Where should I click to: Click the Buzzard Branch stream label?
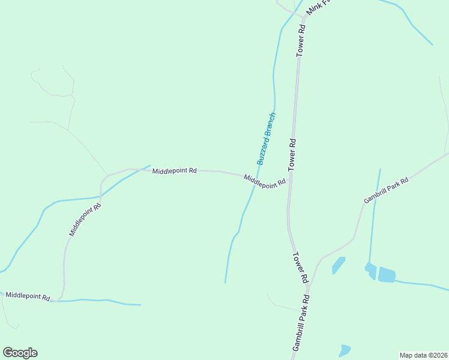click(266, 139)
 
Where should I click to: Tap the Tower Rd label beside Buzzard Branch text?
click(293, 153)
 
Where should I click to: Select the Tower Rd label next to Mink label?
click(301, 41)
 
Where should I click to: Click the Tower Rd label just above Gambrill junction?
click(300, 268)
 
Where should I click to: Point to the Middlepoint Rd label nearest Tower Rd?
click(265, 181)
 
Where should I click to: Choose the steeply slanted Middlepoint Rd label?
click(85, 220)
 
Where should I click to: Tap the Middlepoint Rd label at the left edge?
click(28, 296)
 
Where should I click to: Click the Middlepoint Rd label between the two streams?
click(174, 171)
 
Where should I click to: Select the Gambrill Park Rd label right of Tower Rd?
click(386, 190)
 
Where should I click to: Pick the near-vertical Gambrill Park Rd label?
click(301, 323)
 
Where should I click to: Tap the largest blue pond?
click(387, 275)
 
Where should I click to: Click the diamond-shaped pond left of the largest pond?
click(339, 265)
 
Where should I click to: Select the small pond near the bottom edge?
click(344, 350)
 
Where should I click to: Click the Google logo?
click(20, 352)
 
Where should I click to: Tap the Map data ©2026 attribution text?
click(423, 355)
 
